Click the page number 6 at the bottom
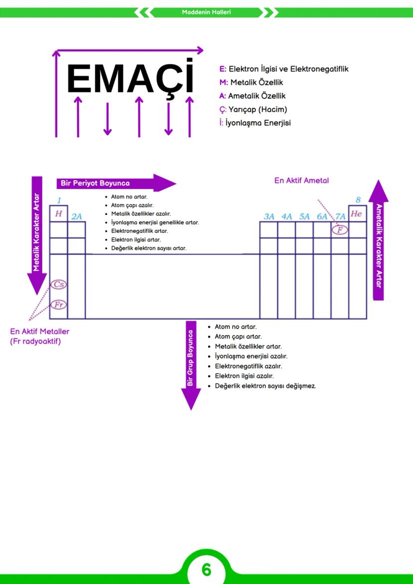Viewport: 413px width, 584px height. tap(206, 569)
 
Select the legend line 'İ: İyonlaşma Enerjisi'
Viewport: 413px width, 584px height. tap(255, 123)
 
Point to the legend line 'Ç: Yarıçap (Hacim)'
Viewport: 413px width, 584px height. tap(253, 109)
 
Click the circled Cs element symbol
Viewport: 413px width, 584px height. tap(58, 285)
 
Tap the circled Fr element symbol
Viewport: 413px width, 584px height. tap(58, 305)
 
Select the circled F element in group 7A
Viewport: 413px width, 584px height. tap(340, 230)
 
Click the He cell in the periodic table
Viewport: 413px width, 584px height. tap(357, 213)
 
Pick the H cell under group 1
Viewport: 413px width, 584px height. tap(58, 213)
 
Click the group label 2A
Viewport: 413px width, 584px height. tap(76, 216)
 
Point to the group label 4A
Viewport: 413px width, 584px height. tap(286, 216)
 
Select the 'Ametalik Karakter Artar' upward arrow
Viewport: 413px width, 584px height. tap(378, 239)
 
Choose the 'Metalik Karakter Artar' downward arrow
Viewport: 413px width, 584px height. tap(36, 234)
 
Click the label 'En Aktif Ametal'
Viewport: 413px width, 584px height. tap(301, 181)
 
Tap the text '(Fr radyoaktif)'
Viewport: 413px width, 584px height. tap(35, 342)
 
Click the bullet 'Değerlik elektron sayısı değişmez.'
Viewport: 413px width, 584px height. tap(265, 386)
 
